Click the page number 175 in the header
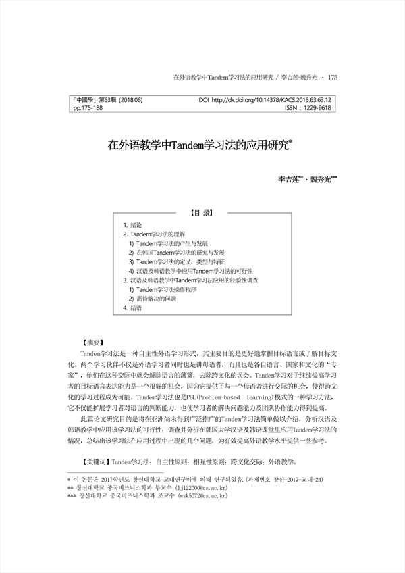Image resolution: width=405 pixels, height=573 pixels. [x=331, y=78]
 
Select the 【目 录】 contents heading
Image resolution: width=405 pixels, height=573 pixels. [x=202, y=211]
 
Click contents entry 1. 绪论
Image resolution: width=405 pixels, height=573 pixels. [x=132, y=224]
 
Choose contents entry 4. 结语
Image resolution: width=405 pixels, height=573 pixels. [x=132, y=307]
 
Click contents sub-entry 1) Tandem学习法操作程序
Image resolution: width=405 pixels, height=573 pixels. [x=162, y=289]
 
